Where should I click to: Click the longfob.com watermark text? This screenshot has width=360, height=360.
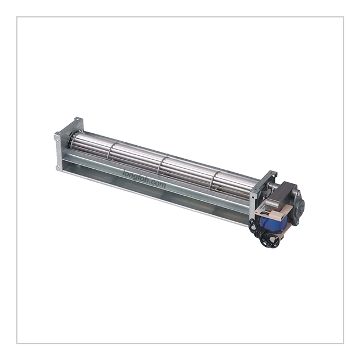coord(144,179)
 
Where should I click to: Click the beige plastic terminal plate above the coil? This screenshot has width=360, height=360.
coord(276,210)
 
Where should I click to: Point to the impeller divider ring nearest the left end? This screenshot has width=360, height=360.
coord(111,150)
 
